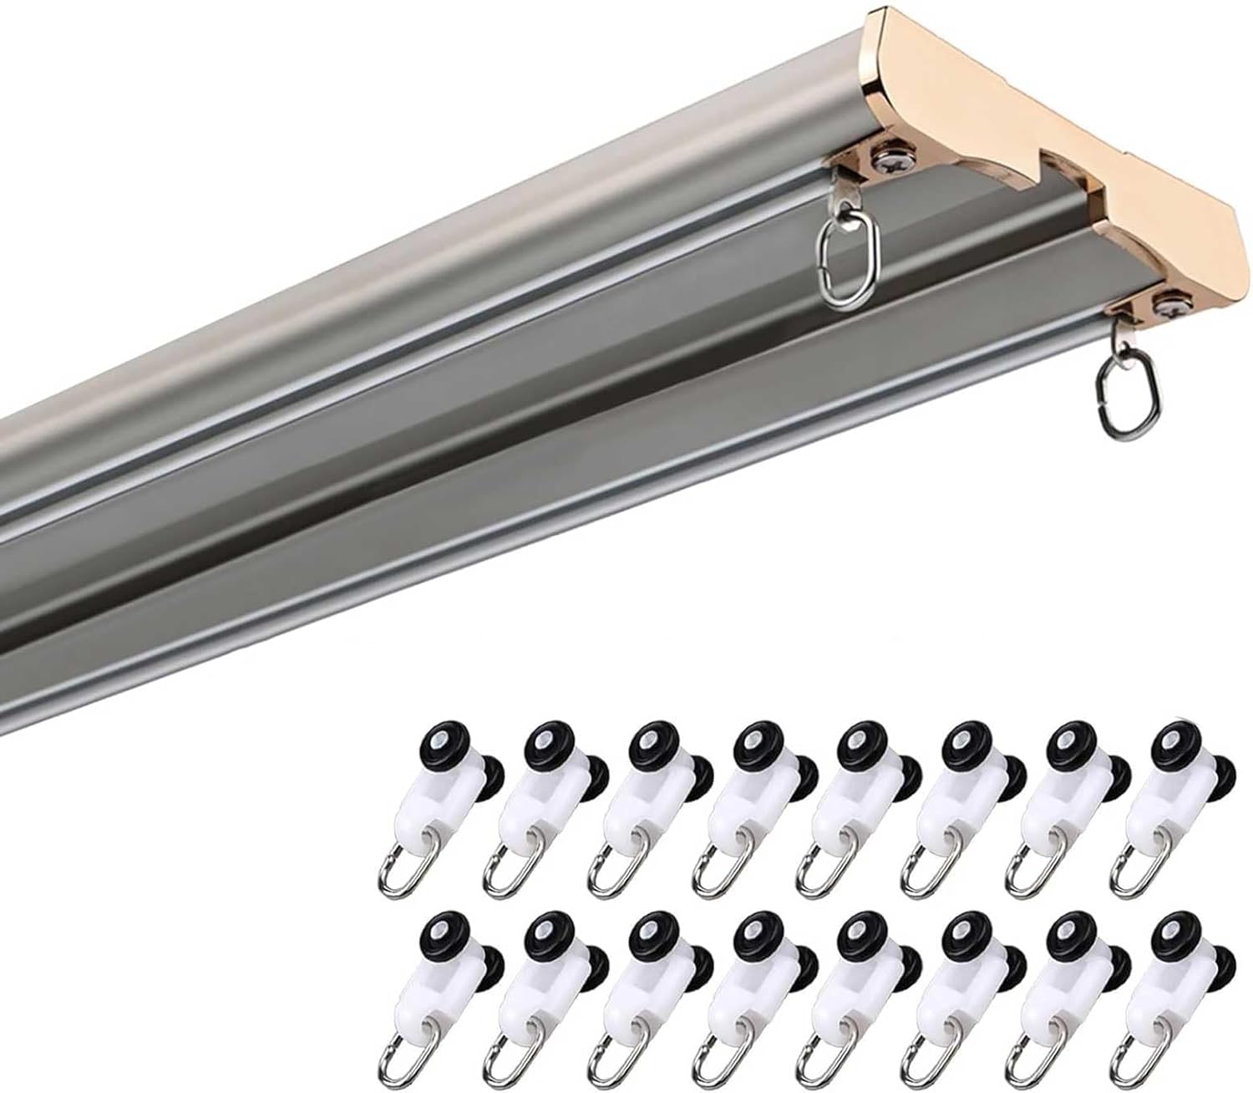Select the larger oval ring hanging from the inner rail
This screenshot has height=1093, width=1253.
point(845,264)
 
